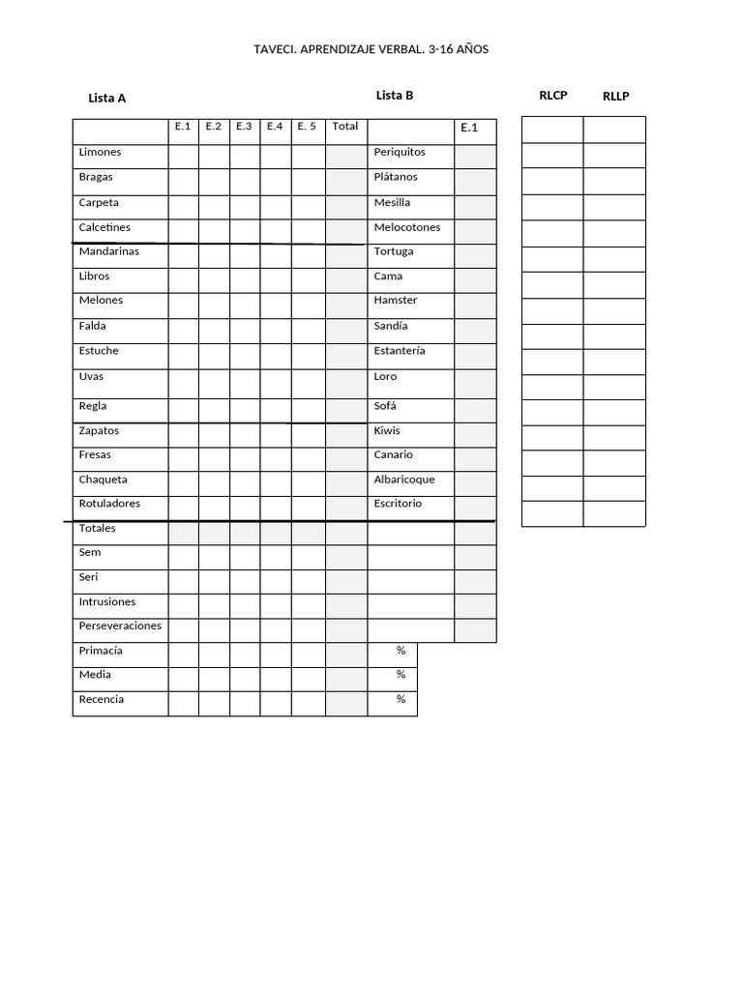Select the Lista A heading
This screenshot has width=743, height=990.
point(106,98)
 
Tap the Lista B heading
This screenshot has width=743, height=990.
point(395,95)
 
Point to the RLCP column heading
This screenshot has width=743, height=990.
point(553,95)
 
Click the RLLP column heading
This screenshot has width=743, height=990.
point(615,96)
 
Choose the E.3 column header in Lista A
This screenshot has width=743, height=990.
point(244,127)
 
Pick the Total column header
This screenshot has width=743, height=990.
point(345,127)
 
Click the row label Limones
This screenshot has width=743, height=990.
point(100,153)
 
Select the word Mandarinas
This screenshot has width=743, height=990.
point(108,251)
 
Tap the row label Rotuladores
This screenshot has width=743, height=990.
point(109,504)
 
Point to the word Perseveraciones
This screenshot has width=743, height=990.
point(120,626)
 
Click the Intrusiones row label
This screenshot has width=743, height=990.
point(107,601)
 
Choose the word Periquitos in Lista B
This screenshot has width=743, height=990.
point(400,153)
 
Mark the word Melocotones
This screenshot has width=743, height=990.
point(407,227)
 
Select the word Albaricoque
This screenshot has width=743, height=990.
point(404,480)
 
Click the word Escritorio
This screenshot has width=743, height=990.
point(398,504)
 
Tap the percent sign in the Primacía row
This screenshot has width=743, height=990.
point(401,651)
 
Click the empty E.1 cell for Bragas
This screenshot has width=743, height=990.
point(184,181)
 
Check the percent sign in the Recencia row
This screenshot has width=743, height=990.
point(401,699)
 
